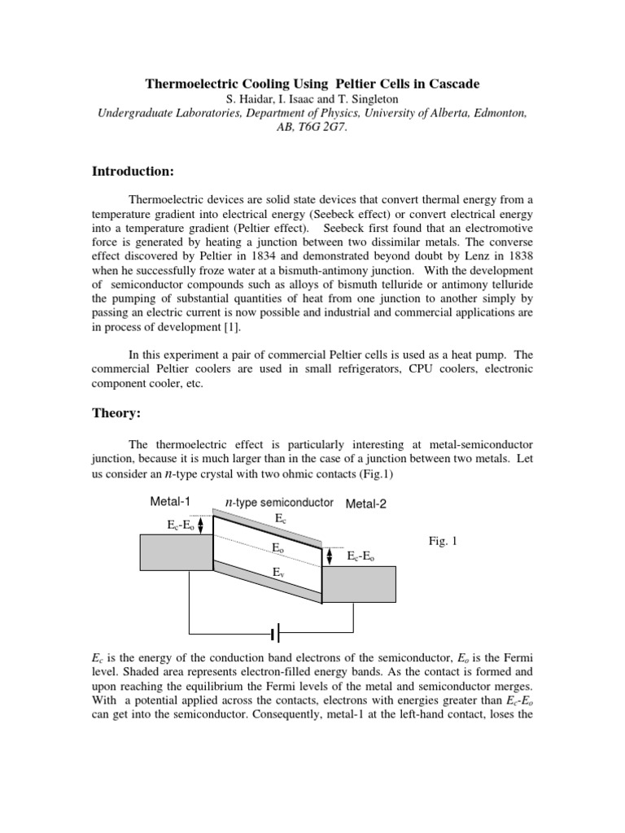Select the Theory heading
[x=116, y=413]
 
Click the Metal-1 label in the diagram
[x=169, y=501]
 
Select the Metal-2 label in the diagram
[x=365, y=504]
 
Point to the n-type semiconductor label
[x=279, y=502]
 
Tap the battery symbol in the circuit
[x=276, y=632]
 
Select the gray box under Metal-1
[x=176, y=552]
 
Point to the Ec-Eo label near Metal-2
[x=361, y=556]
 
